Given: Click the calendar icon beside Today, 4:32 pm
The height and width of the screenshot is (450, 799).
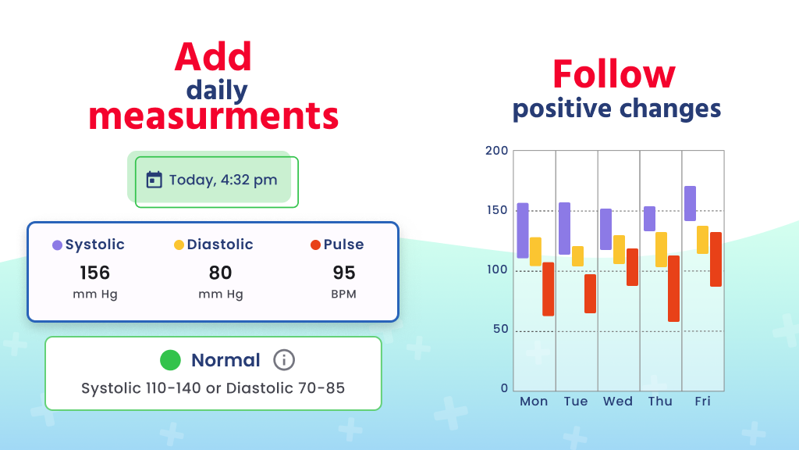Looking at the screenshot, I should pos(154,180).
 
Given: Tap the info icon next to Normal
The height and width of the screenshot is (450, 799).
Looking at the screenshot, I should pos(284,360).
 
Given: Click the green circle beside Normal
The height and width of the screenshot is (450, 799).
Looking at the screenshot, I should pos(170,360).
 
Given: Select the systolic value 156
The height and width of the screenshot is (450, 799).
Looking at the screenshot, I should pos(94,273).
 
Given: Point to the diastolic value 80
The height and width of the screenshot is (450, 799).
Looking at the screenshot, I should pos(220,273).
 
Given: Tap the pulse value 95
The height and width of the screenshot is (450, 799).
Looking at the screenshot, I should pos(344,273).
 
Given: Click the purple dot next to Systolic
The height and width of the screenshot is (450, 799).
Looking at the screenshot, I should pos(57,245).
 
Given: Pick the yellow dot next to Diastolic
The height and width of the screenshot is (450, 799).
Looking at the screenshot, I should pos(179,245).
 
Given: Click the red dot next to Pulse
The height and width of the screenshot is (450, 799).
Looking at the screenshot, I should pos(315,245).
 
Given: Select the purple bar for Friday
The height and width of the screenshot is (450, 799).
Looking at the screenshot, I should pos(690,203).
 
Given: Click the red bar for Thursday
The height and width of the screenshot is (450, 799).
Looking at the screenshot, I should pos(673,288).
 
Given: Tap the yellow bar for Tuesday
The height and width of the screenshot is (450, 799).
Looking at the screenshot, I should pos(577,256).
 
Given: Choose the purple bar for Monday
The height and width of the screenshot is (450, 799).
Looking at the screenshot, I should pos(523,230).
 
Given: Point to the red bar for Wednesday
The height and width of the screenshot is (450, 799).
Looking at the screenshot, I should pos(632,267).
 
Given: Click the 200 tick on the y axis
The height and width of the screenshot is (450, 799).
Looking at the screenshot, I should pos(496,151).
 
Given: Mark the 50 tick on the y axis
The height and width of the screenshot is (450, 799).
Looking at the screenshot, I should pos(499,329).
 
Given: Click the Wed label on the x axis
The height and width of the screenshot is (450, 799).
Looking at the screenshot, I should pos(618,402).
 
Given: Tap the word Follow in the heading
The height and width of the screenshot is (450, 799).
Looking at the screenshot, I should pos(613,75).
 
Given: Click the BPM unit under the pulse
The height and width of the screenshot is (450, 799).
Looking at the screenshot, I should pos(344,295).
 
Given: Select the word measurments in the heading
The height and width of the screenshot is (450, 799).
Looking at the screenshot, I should pos(213,116).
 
